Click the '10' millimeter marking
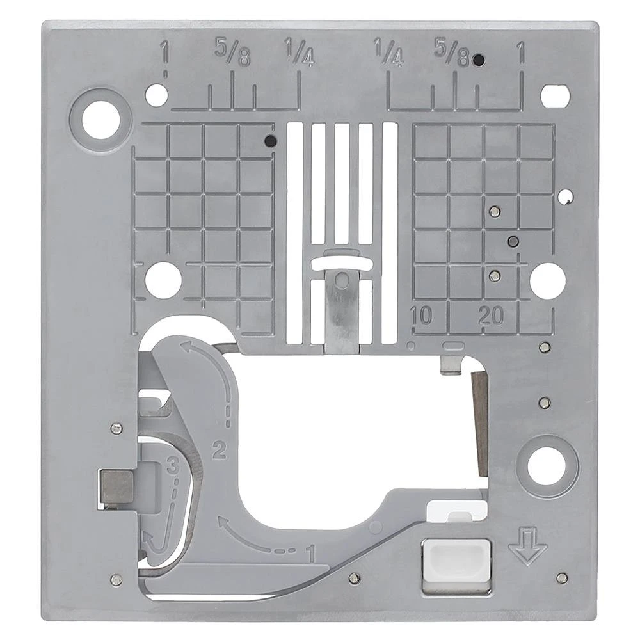421,316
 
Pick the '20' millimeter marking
491,316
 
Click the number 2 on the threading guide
219,452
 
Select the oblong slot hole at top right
554,95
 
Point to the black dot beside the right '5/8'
477,61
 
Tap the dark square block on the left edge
116,486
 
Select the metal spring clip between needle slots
342,307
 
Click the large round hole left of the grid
163,280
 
